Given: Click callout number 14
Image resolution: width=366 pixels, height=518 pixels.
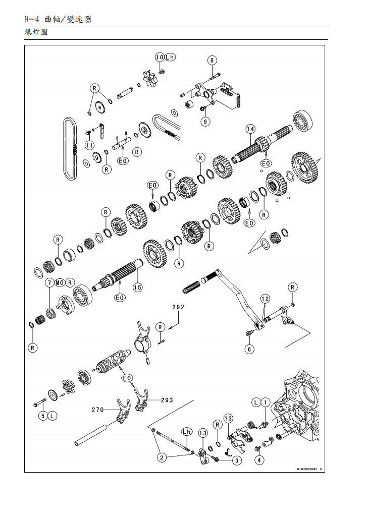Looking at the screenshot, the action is click(250, 129).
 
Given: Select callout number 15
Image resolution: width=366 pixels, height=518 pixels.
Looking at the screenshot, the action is click(137, 287).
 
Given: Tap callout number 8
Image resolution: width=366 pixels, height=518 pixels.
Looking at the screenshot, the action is click(212, 60).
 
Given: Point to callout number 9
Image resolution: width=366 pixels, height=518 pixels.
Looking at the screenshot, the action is click(205, 121).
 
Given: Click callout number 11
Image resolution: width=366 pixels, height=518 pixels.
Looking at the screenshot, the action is click(89, 145).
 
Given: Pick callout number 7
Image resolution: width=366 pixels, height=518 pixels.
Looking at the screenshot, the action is click(50, 283).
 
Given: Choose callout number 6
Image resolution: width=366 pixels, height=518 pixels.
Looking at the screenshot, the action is click(249, 349).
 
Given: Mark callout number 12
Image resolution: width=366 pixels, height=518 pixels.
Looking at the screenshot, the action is click(265, 299).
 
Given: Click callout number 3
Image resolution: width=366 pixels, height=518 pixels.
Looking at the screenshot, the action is click(237, 460).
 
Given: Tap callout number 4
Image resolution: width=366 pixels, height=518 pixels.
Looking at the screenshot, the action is click(259, 459).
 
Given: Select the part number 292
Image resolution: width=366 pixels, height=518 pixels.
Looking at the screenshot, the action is click(178, 307).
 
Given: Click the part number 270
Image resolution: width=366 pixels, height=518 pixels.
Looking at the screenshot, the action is click(97, 410).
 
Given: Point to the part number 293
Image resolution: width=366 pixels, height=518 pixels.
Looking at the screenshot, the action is click(167, 400).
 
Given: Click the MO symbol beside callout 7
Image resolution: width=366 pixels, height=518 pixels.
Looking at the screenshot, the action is click(60, 283).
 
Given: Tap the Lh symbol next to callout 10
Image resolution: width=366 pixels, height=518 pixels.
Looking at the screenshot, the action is click(170, 57).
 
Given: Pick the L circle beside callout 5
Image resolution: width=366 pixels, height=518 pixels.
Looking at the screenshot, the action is click(53, 416).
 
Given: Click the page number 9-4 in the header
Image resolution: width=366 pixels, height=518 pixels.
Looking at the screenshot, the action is click(32, 19).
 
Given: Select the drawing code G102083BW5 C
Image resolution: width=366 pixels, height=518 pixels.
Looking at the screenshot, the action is click(309, 469).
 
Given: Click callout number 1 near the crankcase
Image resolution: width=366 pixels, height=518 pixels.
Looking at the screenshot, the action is click(265, 402).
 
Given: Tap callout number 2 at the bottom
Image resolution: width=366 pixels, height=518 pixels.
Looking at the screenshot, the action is click(162, 457).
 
